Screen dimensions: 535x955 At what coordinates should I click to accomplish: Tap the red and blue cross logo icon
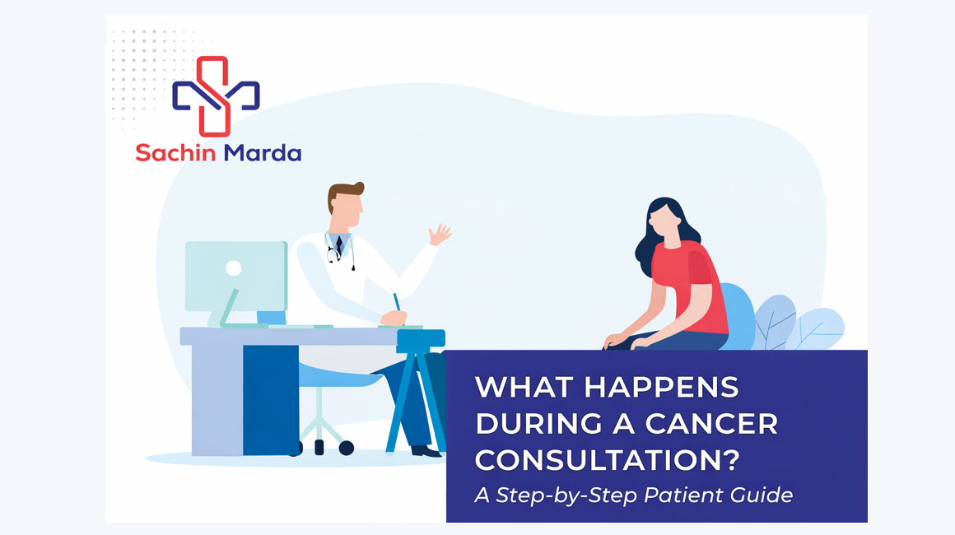(x=216, y=95)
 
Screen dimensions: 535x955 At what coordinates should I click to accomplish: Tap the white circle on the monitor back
(x=234, y=267)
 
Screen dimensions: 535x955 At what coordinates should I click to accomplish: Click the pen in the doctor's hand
(x=397, y=302)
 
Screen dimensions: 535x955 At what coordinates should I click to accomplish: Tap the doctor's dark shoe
(x=426, y=450)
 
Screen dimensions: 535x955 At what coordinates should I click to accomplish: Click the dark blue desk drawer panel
(x=270, y=399)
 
